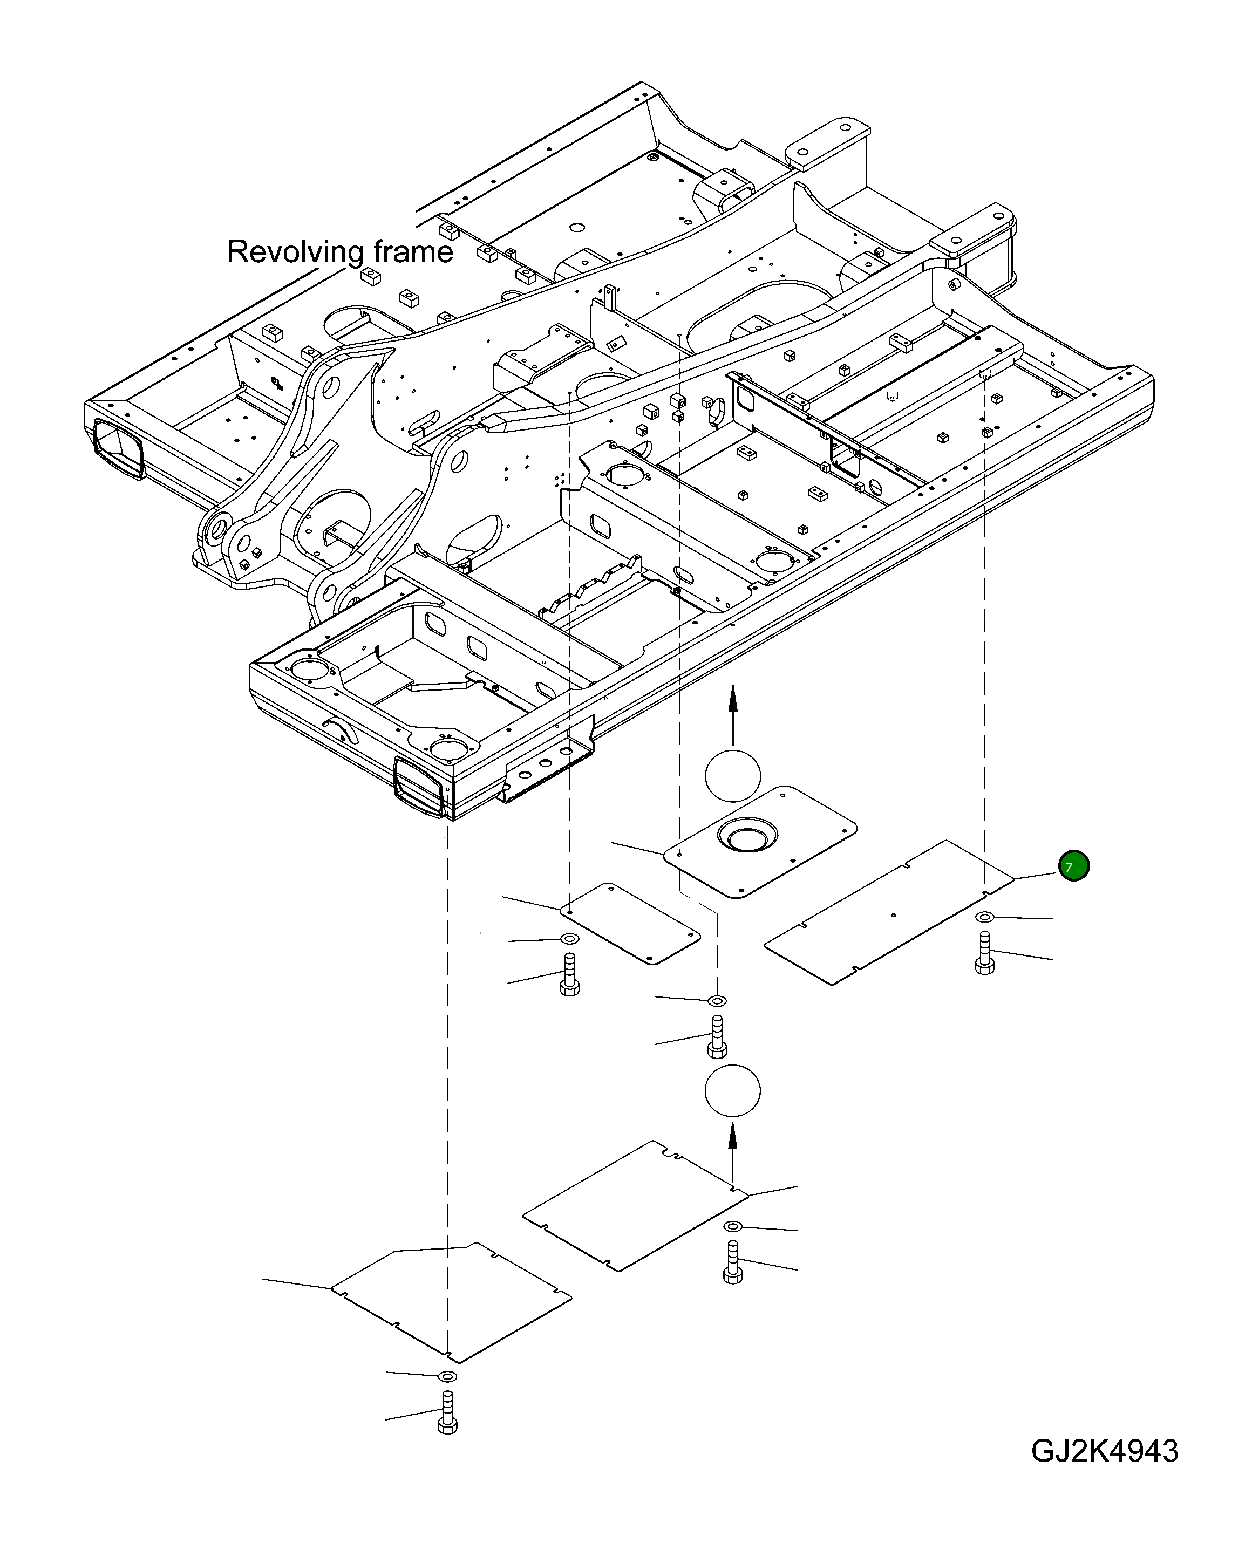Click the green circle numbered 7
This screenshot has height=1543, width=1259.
tap(1073, 866)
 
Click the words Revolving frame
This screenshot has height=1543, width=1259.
tap(340, 251)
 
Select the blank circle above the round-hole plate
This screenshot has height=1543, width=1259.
tap(732, 775)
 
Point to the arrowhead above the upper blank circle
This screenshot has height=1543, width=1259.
tap(732, 698)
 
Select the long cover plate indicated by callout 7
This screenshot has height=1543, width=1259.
tap(888, 912)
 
